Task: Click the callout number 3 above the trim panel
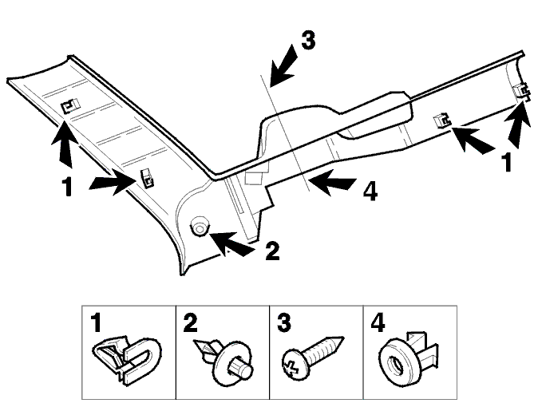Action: [308, 41]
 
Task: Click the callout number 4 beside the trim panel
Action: [370, 191]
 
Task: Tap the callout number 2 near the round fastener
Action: [273, 251]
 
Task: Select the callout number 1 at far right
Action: [506, 161]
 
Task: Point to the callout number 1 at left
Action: [67, 187]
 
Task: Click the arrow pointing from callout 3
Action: [283, 66]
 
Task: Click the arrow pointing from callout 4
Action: [331, 181]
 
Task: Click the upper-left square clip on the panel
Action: [69, 105]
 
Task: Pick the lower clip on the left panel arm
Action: [147, 178]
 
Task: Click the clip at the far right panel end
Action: [520, 92]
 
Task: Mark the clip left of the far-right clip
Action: [442, 120]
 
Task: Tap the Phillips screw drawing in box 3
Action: [312, 357]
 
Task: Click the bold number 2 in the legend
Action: [191, 322]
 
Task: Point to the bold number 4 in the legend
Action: [378, 322]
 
